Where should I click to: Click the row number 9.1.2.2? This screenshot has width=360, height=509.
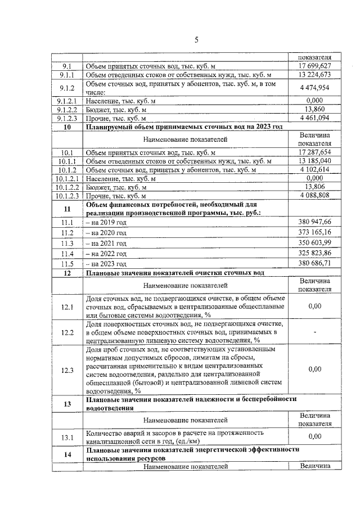[67, 109]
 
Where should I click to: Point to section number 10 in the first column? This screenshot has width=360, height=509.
[67, 127]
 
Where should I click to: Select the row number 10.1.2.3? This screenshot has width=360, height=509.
[67, 195]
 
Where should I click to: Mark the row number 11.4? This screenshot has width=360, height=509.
[67, 254]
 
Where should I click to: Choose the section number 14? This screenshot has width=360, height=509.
[67, 454]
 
